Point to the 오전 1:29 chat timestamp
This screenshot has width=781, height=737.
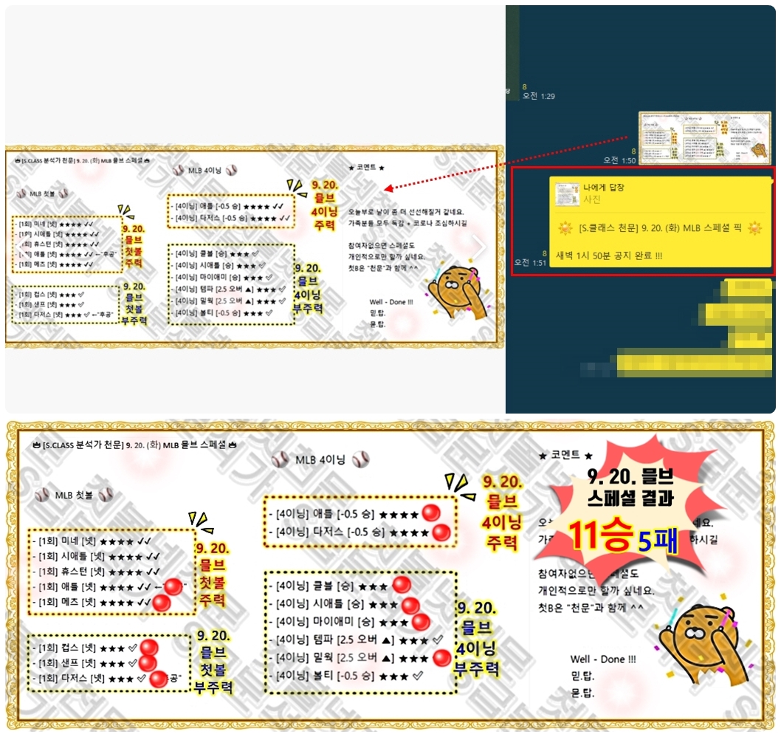[538, 96]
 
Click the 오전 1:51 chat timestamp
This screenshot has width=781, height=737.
[531, 262]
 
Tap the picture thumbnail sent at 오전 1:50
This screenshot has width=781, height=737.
[704, 138]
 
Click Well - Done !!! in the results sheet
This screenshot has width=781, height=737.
[602, 659]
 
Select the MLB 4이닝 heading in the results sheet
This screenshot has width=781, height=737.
[320, 459]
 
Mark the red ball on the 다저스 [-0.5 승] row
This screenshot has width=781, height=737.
[441, 532]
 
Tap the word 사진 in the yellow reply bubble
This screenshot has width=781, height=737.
[592, 199]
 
